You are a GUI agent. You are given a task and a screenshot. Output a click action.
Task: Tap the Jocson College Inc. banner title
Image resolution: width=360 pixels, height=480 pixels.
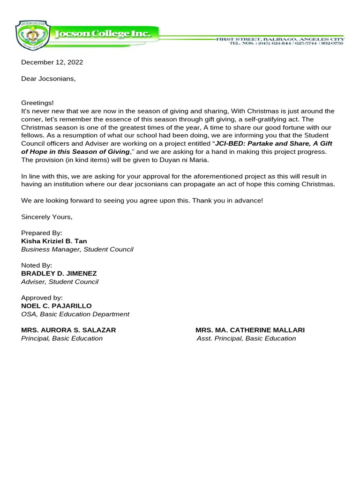click(x=103, y=34)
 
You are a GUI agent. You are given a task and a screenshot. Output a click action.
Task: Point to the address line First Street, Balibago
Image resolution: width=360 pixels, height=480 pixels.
click(x=279, y=39)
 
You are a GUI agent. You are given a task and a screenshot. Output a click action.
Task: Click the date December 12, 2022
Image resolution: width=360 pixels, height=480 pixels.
click(x=52, y=62)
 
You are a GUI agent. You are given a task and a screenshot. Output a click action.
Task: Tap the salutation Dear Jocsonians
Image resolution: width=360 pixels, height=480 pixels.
click(x=48, y=79)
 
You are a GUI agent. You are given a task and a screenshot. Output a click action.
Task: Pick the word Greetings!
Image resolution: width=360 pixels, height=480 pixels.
click(x=37, y=103)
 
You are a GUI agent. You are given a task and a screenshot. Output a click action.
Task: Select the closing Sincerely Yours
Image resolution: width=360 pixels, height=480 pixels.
click(x=47, y=217)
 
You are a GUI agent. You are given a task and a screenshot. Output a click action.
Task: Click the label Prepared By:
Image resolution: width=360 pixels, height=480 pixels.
click(x=42, y=233)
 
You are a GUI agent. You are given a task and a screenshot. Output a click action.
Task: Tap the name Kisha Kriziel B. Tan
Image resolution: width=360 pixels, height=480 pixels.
click(x=54, y=241)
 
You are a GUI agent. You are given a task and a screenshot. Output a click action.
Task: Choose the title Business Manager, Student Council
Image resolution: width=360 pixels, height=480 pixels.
click(x=77, y=249)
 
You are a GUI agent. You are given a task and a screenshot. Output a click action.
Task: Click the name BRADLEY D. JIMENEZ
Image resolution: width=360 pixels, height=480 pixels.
click(x=59, y=273)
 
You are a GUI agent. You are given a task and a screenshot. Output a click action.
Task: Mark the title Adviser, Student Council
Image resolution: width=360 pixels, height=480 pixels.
click(x=60, y=282)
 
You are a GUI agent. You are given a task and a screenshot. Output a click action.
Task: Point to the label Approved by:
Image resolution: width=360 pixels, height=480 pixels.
click(x=42, y=298)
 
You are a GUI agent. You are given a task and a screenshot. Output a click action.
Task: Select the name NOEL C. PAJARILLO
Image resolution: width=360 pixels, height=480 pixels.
click(x=56, y=306)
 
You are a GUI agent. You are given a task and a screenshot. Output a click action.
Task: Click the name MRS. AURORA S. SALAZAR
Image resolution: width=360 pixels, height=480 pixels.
click(x=68, y=330)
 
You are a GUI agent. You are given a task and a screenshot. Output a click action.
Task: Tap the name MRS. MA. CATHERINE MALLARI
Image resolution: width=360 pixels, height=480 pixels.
click(x=250, y=330)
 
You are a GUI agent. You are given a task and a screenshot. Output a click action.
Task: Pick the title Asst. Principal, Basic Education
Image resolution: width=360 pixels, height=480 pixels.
click(x=246, y=338)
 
